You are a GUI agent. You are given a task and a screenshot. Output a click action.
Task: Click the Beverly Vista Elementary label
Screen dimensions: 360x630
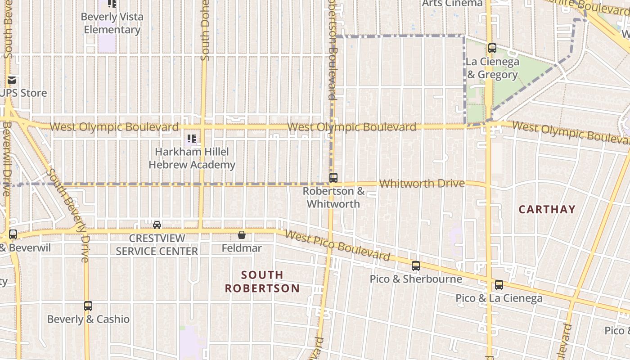click(112, 23)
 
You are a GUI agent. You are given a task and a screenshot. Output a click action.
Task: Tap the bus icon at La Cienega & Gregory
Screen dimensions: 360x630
click(492, 48)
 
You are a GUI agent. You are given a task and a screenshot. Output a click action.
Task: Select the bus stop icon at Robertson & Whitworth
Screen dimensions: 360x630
click(333, 177)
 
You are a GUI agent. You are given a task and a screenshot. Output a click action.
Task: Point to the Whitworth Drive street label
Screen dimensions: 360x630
click(422, 184)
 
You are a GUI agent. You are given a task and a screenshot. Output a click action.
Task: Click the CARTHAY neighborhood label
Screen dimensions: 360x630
click(547, 209)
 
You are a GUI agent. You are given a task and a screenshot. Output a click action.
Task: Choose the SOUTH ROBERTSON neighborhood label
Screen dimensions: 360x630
click(262, 281)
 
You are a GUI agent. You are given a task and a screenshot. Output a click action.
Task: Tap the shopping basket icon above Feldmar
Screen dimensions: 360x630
click(242, 235)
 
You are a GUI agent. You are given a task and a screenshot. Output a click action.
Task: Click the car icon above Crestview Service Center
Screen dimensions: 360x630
click(157, 225)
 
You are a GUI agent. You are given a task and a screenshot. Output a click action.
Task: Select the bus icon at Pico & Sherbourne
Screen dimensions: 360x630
click(416, 266)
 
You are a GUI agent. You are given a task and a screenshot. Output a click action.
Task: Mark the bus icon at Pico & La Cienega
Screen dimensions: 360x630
click(499, 285)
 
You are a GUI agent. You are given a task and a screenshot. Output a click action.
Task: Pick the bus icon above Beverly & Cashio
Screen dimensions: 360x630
click(88, 306)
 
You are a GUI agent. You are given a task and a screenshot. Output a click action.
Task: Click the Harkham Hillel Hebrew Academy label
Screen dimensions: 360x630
click(192, 158)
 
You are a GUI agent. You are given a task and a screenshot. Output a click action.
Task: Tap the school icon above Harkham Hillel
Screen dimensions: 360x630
click(191, 139)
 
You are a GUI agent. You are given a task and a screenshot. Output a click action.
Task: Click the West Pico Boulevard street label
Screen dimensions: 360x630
click(337, 246)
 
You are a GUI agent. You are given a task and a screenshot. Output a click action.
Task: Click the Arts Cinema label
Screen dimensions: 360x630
click(452, 4)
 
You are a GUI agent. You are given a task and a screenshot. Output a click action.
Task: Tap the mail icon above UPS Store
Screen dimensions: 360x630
click(12, 81)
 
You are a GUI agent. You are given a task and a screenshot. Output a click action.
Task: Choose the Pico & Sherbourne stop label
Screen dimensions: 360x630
click(416, 279)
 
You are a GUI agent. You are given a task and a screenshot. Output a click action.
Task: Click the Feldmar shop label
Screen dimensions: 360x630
click(242, 248)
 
